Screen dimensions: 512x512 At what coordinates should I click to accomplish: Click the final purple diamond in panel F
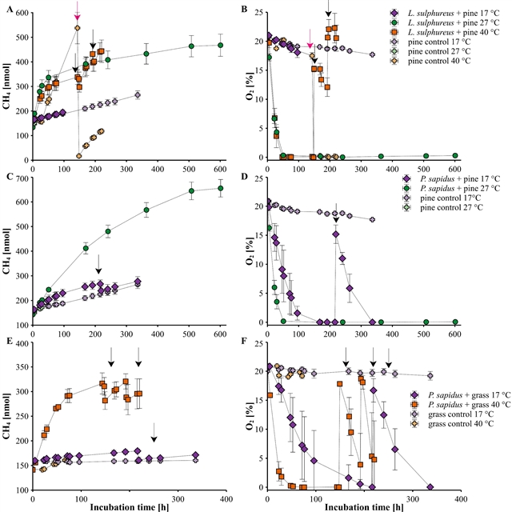click(x=430, y=487)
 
